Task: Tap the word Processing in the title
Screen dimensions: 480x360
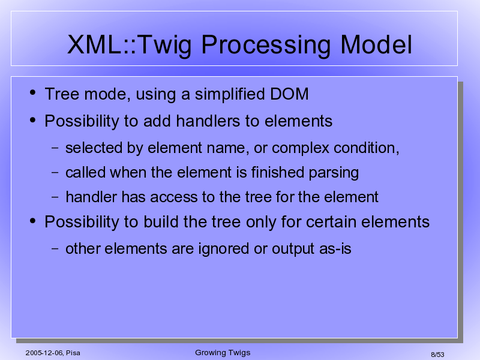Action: point(266,46)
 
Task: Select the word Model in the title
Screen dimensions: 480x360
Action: point(376,44)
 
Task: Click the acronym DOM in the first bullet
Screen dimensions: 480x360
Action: point(289,94)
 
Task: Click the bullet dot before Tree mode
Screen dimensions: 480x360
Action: point(33,92)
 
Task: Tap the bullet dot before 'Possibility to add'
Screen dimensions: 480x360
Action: point(33,119)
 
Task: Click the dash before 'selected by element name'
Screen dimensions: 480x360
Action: point(55,148)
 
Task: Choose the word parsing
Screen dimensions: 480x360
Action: point(334,173)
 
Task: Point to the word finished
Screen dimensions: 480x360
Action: point(278,172)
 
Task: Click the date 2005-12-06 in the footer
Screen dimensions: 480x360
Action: point(44,353)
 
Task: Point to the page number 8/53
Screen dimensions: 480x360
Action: point(437,355)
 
